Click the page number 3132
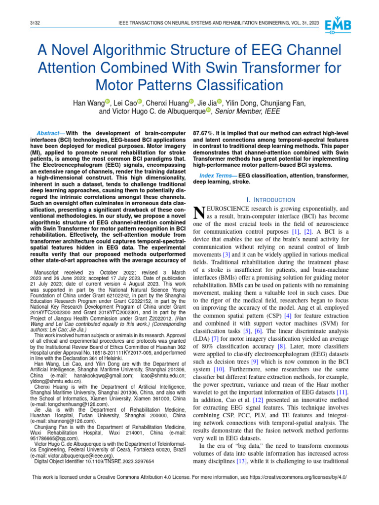pyautogui.click(x=36, y=23)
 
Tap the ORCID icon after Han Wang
pyautogui.click(x=107, y=101)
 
